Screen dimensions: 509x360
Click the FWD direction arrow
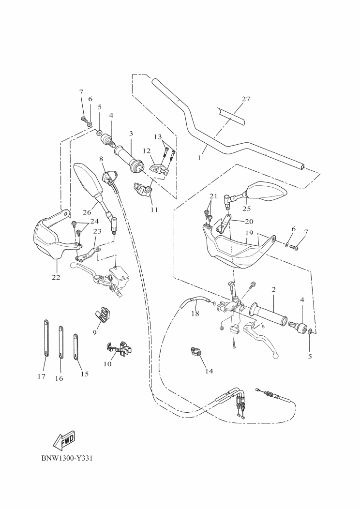(x=63, y=439)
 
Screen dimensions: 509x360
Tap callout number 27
(x=246, y=99)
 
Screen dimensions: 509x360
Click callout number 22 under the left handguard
(x=56, y=277)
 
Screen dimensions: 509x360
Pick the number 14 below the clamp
(x=209, y=371)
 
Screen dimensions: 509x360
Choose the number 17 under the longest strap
(x=41, y=376)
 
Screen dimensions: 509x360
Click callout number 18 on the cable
(x=195, y=314)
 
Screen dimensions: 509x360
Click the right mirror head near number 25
(x=267, y=191)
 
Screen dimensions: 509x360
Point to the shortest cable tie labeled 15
(x=76, y=346)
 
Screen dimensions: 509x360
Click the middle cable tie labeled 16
(x=61, y=341)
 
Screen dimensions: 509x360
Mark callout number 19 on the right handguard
(x=249, y=233)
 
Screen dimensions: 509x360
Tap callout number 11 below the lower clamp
(x=154, y=210)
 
